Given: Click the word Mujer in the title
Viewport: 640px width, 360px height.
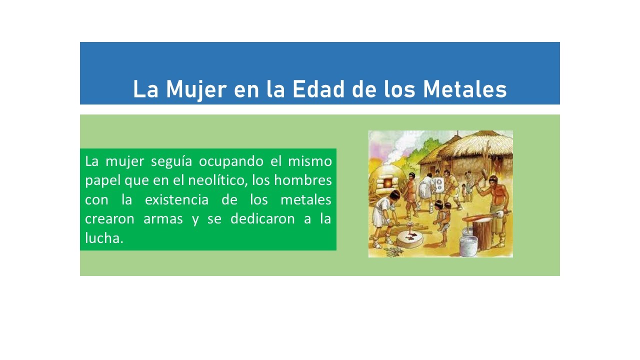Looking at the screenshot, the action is point(196,89).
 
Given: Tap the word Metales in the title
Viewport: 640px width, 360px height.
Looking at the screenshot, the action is point(465,89).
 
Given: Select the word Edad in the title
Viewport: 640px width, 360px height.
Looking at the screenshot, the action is point(318,89).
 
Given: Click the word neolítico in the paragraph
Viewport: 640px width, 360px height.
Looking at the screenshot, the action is point(217,180).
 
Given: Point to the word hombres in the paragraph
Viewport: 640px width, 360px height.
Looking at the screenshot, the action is point(303,180).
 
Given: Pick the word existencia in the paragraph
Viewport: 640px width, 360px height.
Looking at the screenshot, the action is point(176,199).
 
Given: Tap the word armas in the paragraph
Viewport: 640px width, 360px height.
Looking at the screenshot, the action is point(163,219).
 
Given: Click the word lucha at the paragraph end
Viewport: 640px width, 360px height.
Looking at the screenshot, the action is point(104,238).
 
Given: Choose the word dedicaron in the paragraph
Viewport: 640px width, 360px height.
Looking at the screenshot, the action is point(262,219).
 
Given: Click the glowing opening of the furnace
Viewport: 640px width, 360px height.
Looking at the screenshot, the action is point(387,183).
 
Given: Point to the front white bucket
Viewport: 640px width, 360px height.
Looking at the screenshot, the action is point(468,246).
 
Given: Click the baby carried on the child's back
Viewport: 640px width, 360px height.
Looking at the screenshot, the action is point(447,213).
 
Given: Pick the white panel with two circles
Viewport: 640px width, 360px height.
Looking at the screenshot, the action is point(438,184).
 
